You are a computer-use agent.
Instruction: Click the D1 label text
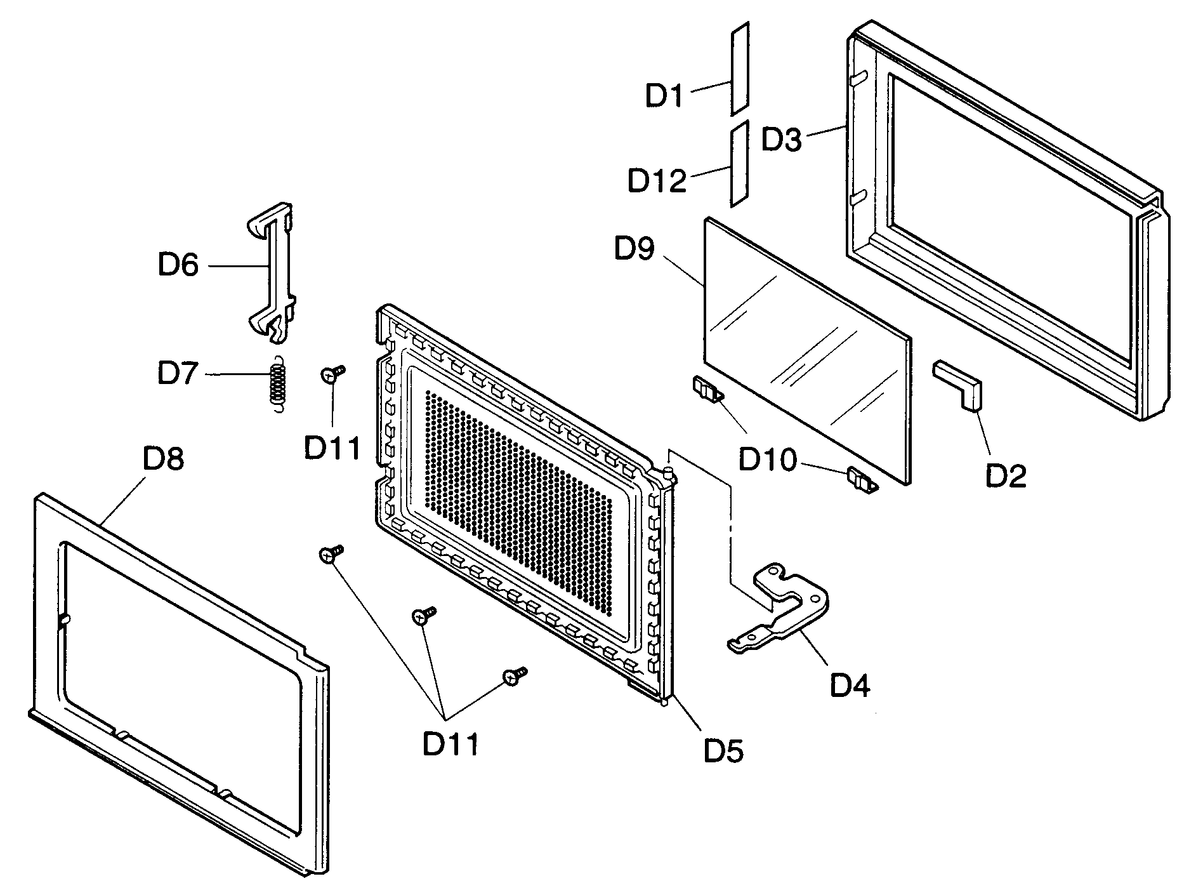pos(664,96)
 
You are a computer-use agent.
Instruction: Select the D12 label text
pos(657,181)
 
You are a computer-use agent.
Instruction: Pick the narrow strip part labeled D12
pos(740,164)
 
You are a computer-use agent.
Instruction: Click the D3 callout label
pos(781,140)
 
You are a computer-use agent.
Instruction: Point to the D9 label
pos(634,248)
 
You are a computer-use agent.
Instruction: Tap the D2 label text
pos(1005,474)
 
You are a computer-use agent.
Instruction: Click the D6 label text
pos(178,265)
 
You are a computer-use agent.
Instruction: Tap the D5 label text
pos(723,752)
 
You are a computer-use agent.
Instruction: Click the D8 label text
pos(164,458)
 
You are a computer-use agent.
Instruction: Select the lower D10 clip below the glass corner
pos(862,479)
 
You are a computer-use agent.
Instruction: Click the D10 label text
pos(766,460)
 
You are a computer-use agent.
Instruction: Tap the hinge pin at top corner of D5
pos(670,473)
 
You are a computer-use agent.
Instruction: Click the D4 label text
pos(850,686)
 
